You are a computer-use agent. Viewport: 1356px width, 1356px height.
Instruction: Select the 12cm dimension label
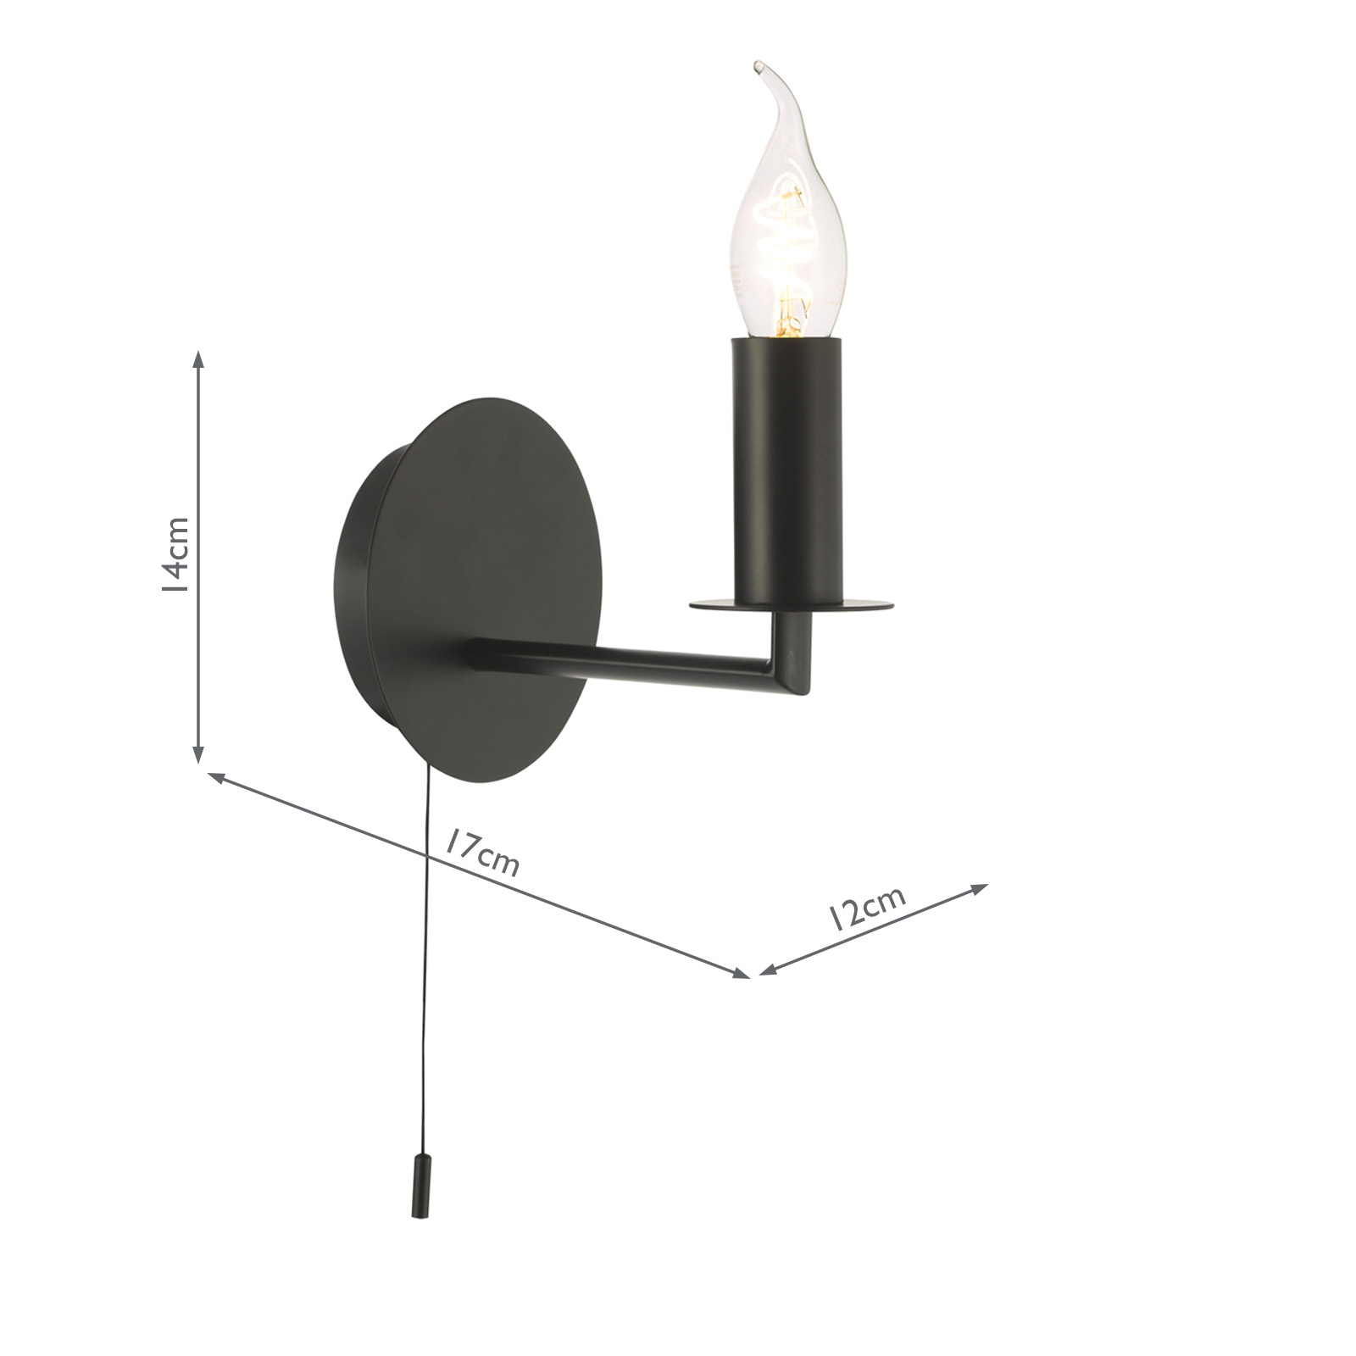click(x=869, y=907)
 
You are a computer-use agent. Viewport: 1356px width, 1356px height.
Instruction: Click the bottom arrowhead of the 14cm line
click(x=198, y=754)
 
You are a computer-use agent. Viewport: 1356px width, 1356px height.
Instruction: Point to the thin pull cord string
click(x=422, y=975)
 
